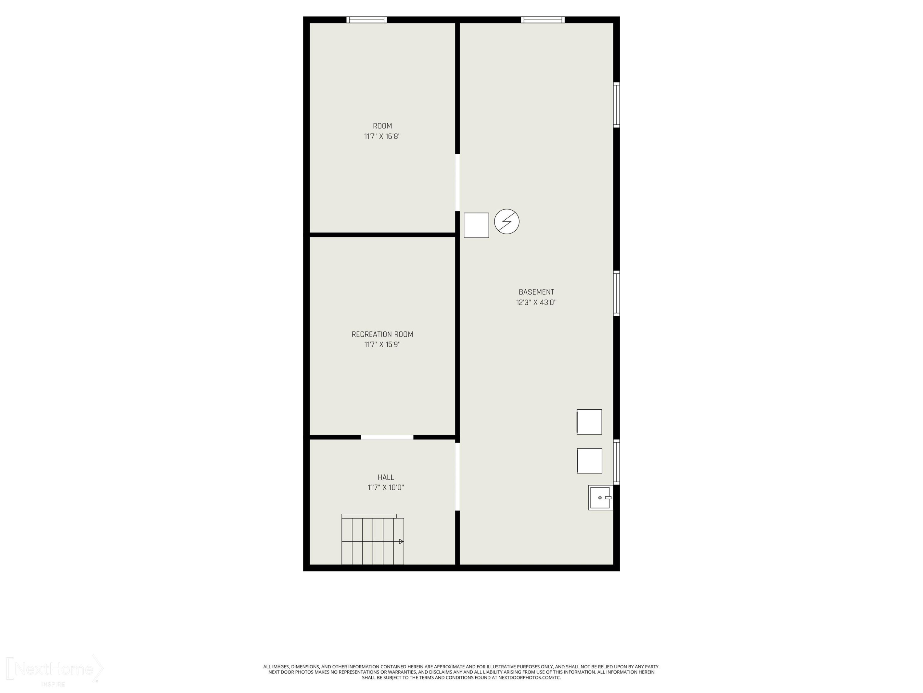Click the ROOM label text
coord(382,126)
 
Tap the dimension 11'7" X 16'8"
coord(382,136)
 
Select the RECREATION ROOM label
coord(382,334)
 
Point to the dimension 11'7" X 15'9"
coord(382,345)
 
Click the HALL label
coord(386,477)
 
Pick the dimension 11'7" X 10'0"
coord(386,488)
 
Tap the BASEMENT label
coord(536,292)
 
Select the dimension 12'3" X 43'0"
coord(536,302)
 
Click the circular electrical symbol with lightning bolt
coord(506,221)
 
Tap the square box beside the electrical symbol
coord(476,225)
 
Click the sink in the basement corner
coord(601,497)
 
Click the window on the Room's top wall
coord(367,20)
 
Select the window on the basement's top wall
coord(542,20)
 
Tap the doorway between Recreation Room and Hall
coord(387,437)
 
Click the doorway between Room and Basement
coord(457,183)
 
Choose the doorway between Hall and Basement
coord(457,476)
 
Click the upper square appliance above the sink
coord(589,422)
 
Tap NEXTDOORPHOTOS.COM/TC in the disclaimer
coord(529,678)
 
